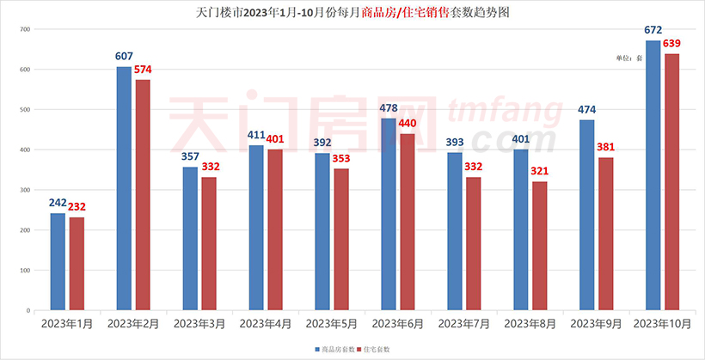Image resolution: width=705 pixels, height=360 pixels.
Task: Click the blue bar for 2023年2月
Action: tap(124, 188)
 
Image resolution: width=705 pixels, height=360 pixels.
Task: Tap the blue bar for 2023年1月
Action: tap(58, 261)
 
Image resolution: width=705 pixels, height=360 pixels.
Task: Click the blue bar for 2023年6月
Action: tap(389, 214)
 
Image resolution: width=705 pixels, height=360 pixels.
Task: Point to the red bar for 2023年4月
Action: tap(275, 229)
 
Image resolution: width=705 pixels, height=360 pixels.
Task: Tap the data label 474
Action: tap(586, 110)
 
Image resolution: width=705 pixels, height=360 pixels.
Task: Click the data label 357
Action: tap(190, 157)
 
